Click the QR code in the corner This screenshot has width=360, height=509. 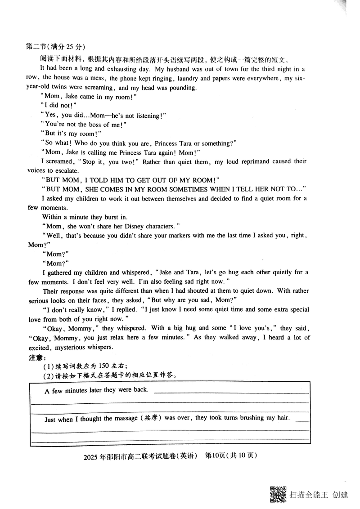pyautogui.click(x=278, y=495)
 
